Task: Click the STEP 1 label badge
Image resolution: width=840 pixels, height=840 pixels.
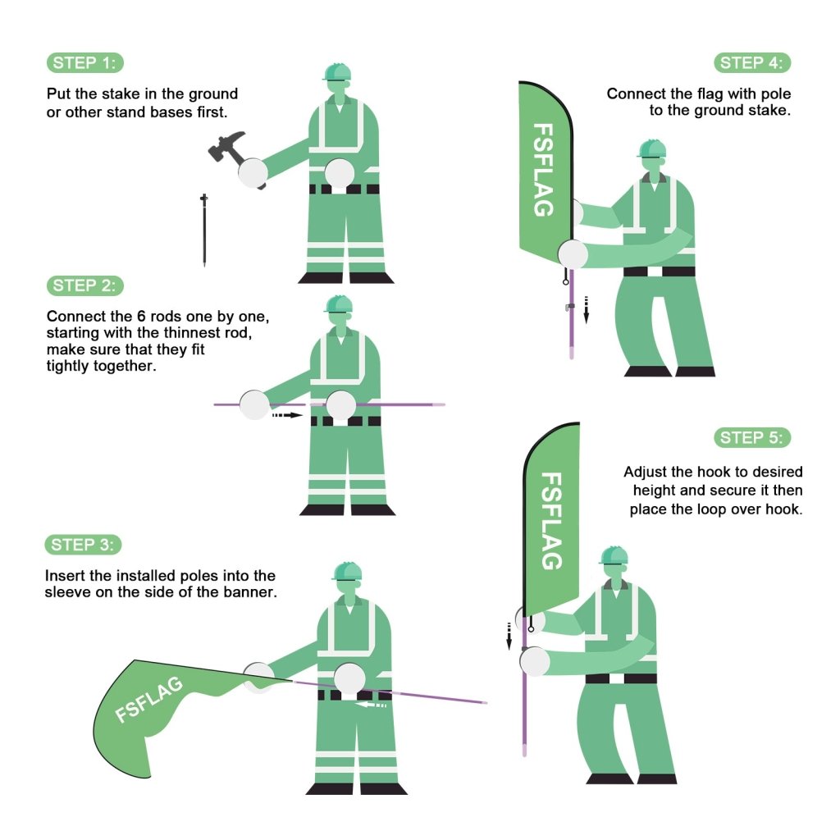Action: pos(85,62)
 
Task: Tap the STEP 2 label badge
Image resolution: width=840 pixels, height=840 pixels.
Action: pos(85,285)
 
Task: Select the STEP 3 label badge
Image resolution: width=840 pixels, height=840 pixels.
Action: pos(83,545)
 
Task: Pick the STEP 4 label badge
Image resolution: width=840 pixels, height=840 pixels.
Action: pos(752,62)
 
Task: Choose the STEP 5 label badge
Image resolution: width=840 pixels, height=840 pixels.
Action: pos(752,438)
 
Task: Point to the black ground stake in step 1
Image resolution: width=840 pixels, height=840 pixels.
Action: pos(204,231)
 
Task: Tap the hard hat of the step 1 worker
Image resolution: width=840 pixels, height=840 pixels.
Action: pos(337,72)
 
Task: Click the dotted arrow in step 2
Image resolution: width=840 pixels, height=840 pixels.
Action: pos(287,415)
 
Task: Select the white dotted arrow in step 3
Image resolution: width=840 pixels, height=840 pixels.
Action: pos(371,705)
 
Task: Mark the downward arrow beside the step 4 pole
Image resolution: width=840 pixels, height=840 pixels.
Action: pos(586,309)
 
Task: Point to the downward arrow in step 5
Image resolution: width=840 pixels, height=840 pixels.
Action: pos(509,636)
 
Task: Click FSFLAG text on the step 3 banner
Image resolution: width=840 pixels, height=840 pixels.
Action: pos(149,700)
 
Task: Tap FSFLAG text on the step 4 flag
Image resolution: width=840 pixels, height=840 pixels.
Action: pos(543,170)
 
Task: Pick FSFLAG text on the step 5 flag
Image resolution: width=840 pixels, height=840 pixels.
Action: pos(551,521)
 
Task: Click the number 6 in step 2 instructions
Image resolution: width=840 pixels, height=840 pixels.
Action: pos(141,316)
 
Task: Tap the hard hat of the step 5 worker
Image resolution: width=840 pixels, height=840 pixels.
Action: pos(614,555)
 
